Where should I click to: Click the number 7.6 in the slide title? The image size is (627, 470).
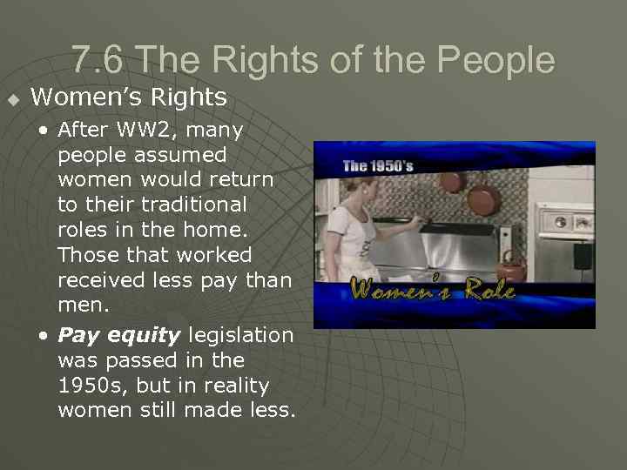coord(98,59)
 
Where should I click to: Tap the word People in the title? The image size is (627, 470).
coord(496,59)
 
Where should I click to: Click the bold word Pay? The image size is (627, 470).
coord(79,335)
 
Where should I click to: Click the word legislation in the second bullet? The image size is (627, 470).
coord(241,335)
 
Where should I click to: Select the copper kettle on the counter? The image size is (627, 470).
coord(514,265)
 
